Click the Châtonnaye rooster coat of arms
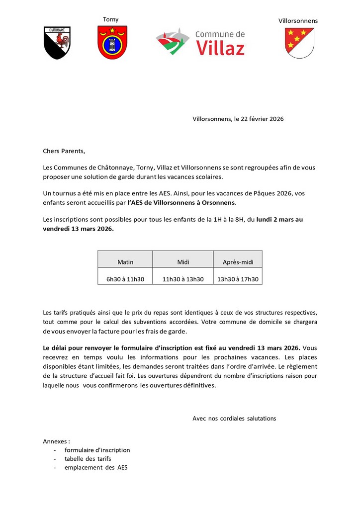pos(57,43)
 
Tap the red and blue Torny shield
pos(112,42)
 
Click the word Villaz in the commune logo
pos(220,48)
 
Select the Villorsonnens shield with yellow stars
pos(299,43)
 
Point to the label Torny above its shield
pos(111,19)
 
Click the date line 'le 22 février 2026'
pos(259,119)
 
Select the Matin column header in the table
pos(125,261)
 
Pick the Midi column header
pos(183,261)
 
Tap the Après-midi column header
pos(238,261)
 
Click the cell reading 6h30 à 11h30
pos(125,279)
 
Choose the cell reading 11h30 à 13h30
pos(183,279)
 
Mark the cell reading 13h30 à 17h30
pos(238,279)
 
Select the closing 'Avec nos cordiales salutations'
pos(234,419)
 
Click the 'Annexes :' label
pos(57,441)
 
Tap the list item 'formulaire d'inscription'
pos(97,450)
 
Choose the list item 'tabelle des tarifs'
pos(88,459)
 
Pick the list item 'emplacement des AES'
pos(96,468)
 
